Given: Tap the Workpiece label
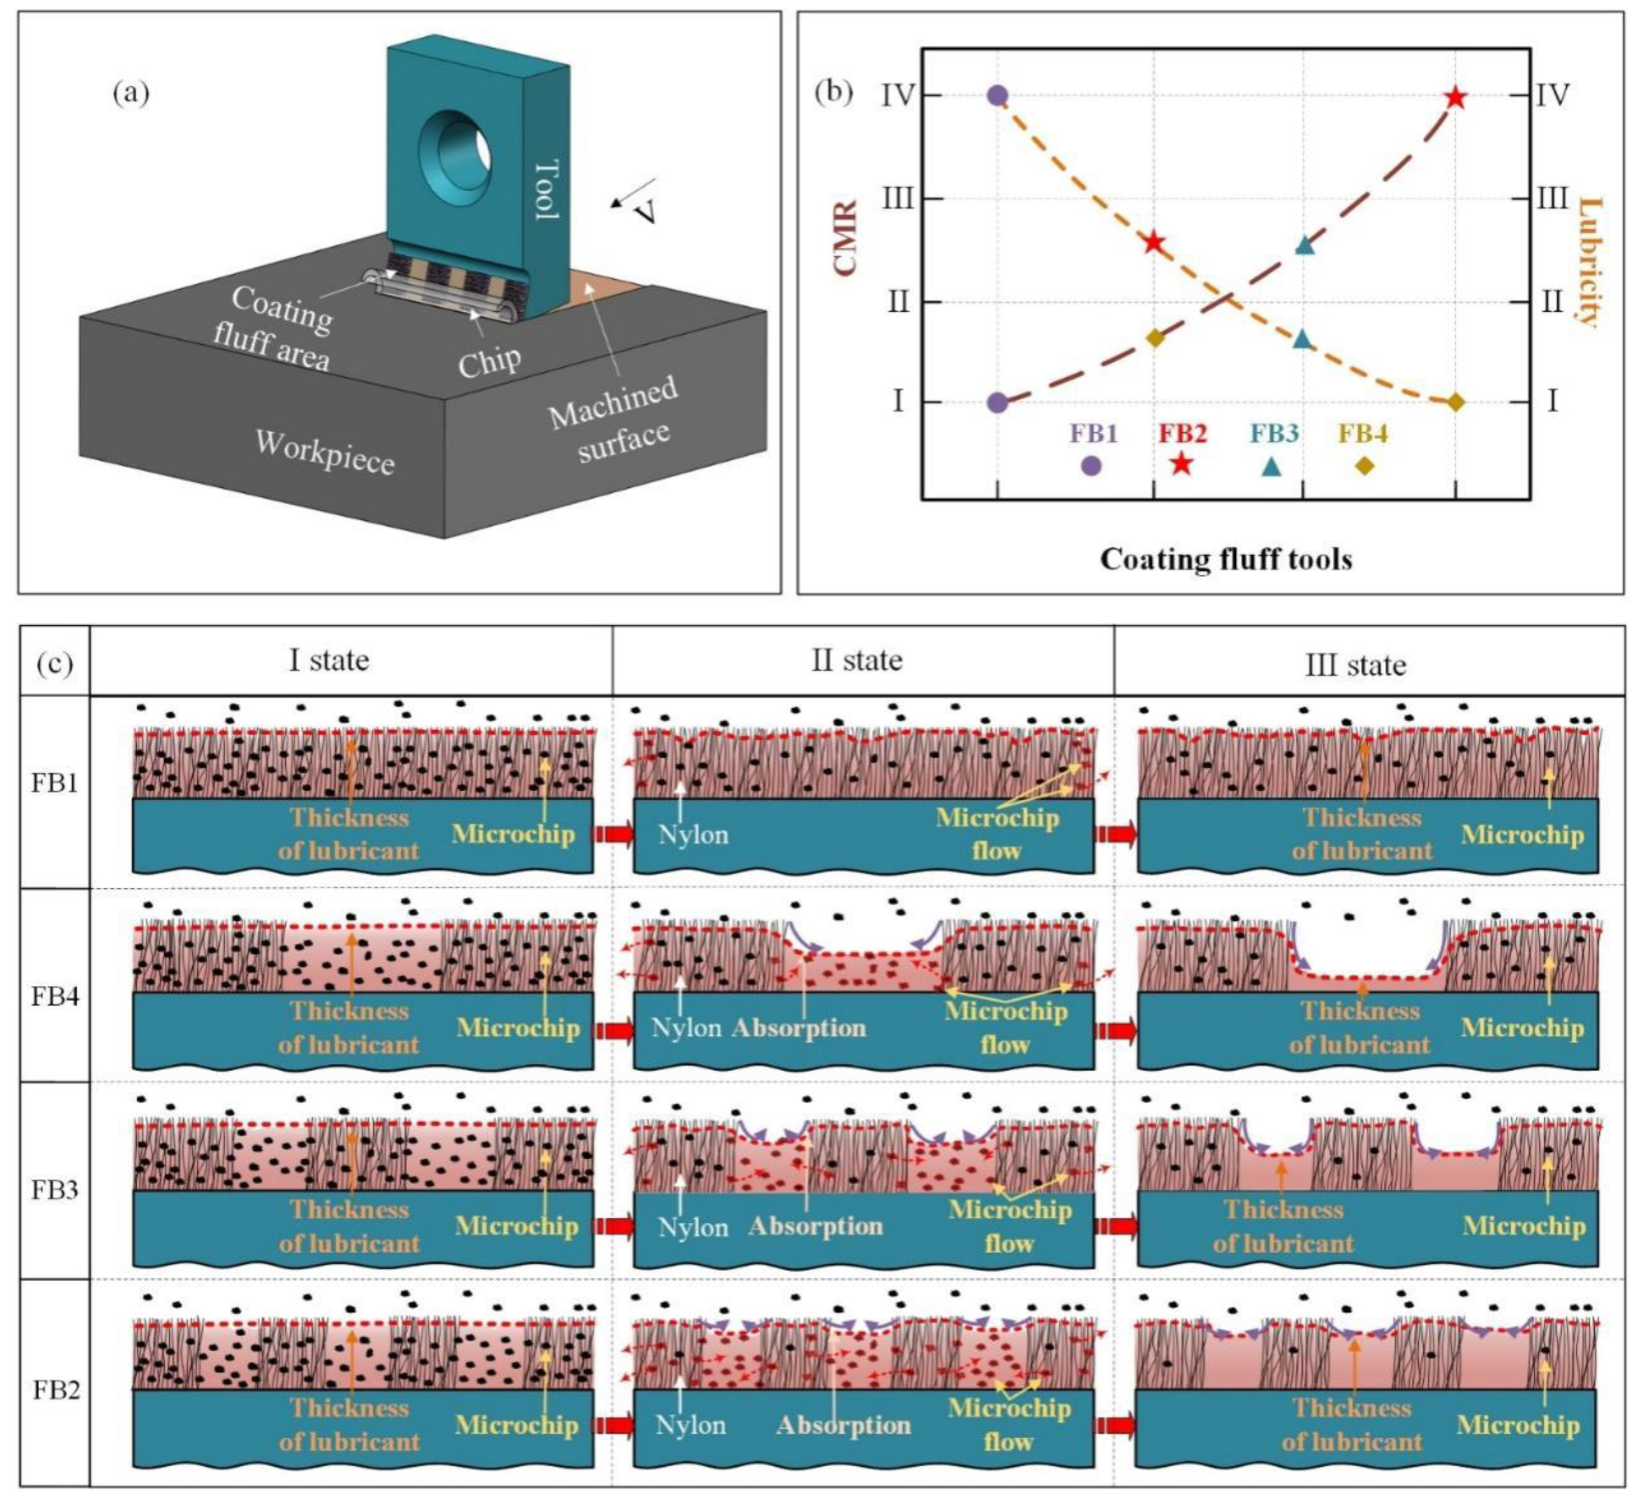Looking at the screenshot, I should click(324, 452).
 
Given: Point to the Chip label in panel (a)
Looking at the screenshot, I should click(489, 358).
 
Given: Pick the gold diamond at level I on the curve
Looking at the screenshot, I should click(1455, 402).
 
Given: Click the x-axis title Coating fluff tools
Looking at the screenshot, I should click(1226, 559).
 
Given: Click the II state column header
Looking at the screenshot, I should click(857, 660).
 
